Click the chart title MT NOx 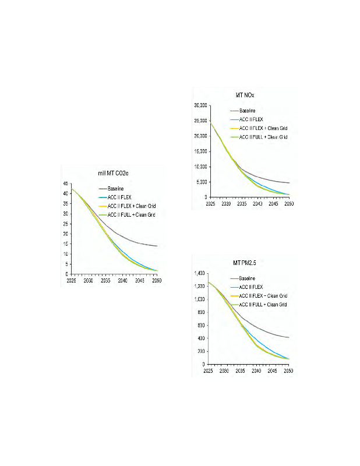243,95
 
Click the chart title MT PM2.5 242,263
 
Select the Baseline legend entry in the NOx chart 249,111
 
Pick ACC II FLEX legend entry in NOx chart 252,119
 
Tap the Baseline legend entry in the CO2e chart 117,189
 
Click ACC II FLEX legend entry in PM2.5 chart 252,287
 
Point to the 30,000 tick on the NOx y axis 200,105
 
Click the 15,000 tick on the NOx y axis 200,151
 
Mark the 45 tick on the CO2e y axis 67,183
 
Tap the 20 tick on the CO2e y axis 67,234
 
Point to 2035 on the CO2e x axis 105,281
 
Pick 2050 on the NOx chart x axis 287,204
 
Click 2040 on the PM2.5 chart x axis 256,371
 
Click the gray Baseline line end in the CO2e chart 157,246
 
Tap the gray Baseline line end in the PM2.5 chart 289,337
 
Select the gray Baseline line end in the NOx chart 289,183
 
